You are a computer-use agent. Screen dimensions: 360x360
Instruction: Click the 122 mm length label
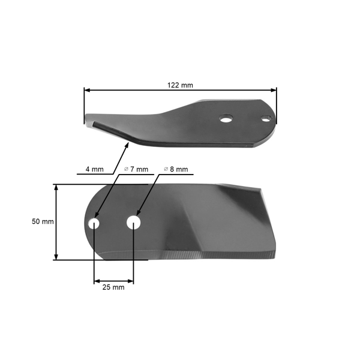[180, 85]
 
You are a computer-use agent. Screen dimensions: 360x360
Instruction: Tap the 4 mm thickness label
[94, 169]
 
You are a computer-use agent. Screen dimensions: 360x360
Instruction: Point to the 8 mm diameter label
[176, 169]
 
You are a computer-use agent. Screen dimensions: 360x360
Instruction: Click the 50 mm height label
[43, 221]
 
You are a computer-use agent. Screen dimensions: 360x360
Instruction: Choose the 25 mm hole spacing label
[113, 287]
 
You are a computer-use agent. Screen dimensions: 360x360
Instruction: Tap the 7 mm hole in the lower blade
[94, 223]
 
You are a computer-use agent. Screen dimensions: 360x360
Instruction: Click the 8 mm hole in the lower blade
[134, 223]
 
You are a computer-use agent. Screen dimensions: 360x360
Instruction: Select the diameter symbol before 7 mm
[125, 169]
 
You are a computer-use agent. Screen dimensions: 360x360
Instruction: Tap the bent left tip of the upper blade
[95, 125]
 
